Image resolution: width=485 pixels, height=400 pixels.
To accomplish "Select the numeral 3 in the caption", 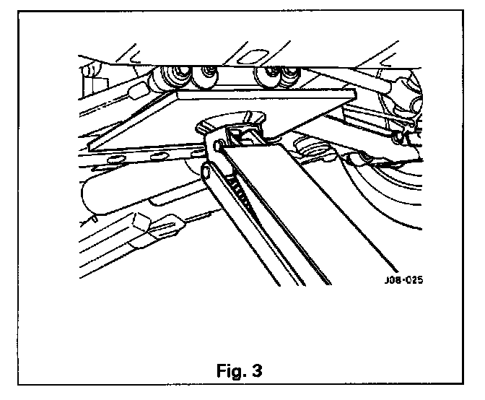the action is pyautogui.click(x=257, y=371).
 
